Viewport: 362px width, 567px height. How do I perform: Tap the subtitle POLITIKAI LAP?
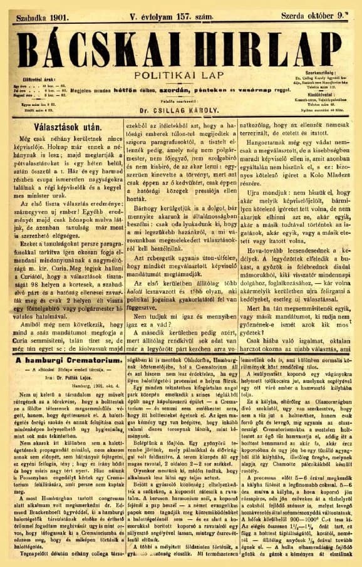[x=180, y=75]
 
